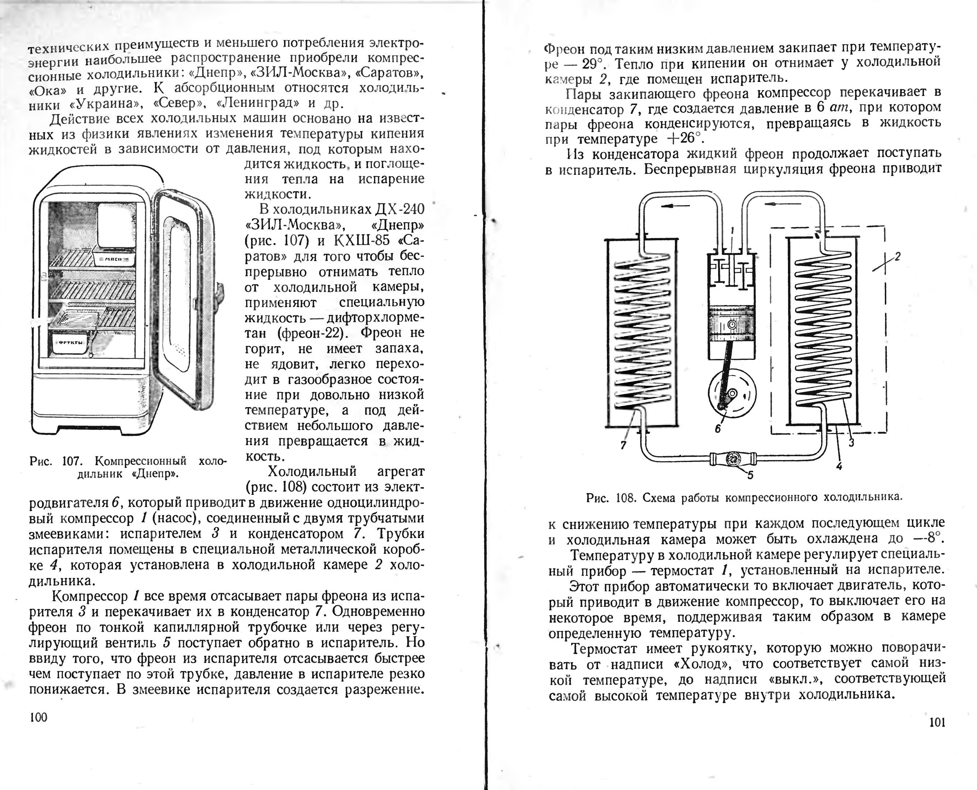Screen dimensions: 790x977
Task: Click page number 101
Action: coord(938,722)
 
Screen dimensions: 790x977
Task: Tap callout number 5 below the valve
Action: coord(750,475)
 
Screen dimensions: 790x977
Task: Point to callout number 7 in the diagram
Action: coord(623,445)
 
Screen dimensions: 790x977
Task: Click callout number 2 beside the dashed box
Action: coord(897,257)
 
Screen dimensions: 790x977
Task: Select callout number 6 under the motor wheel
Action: coord(718,428)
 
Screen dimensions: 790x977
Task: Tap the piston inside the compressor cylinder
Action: coord(732,325)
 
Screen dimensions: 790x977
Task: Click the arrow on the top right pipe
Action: coord(776,204)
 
